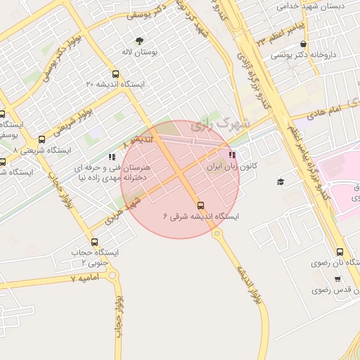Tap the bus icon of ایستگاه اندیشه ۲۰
[115, 74]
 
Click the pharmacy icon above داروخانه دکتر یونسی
[303, 44]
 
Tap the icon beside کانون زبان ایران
[232, 155]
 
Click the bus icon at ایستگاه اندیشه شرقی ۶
[201, 205]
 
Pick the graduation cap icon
[281, 182]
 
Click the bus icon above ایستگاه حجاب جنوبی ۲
[95, 242]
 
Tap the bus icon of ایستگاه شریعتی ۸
[42, 139]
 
